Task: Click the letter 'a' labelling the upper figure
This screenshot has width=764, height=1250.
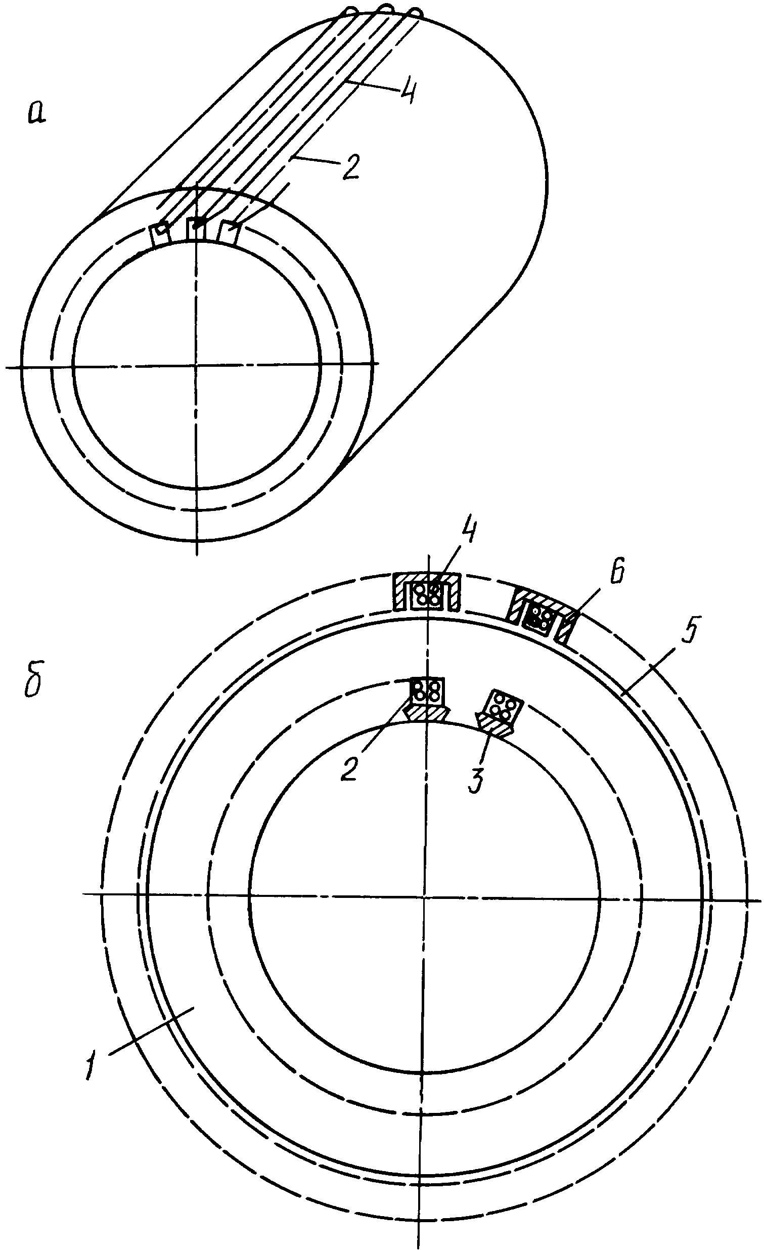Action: click(36, 113)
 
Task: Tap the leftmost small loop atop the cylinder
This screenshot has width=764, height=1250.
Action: click(351, 11)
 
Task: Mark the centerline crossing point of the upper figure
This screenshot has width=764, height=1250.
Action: click(196, 364)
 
